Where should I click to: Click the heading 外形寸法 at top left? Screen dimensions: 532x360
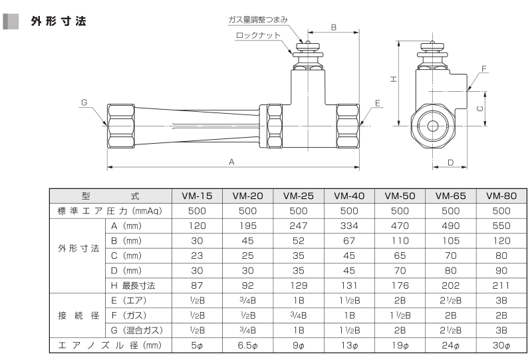(59, 21)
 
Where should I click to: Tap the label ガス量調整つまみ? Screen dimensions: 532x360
(258, 20)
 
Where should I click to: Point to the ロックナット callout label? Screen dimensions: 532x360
(258, 35)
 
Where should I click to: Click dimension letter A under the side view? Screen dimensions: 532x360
(231, 162)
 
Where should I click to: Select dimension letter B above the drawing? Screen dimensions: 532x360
(334, 27)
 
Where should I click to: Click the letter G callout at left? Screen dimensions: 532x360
(84, 102)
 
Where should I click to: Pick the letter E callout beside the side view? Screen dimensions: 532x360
(378, 103)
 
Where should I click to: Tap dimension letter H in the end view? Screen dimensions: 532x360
(393, 79)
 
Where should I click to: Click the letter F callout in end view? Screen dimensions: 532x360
(484, 69)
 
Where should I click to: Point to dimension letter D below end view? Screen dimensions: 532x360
(451, 162)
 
